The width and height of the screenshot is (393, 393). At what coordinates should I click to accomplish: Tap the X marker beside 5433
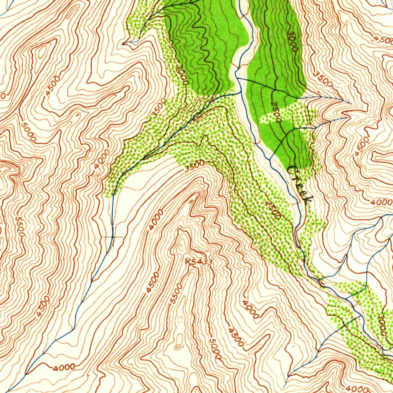tap(188, 261)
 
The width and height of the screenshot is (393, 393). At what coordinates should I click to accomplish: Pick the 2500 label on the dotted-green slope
tap(273, 210)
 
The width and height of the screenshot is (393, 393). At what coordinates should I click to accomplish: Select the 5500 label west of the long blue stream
tap(20, 227)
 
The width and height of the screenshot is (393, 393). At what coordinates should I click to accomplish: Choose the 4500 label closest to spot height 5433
tap(153, 283)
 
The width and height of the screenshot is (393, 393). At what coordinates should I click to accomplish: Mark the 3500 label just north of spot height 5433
tap(194, 166)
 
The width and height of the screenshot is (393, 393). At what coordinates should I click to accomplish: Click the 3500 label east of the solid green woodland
tap(323, 78)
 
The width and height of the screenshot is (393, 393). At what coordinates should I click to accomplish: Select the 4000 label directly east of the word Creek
tap(379, 202)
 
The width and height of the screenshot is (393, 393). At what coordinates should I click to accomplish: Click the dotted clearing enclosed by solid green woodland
tap(286, 115)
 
